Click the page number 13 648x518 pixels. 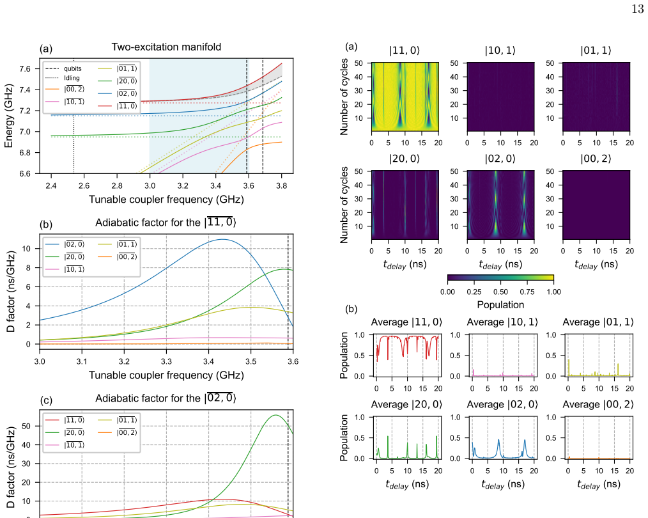pos(638,9)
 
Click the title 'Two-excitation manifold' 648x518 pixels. pos(166,47)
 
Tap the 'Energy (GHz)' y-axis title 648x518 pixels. pos(8,116)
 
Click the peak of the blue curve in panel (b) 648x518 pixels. pos(222,239)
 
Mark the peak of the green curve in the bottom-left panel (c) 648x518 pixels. pos(275,415)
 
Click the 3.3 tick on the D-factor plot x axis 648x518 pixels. pos(166,361)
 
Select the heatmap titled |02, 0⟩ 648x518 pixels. pos(500,205)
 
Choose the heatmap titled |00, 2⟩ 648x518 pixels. pos(596,205)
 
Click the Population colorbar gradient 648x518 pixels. pos(500,278)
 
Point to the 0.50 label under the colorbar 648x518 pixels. pos(500,292)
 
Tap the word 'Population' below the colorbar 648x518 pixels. pos(500,304)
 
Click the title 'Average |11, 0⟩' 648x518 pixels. pos(406,322)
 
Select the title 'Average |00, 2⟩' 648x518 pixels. pos(598,404)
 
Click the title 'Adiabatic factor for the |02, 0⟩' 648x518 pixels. pos(166,398)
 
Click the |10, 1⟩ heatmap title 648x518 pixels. pos(500,51)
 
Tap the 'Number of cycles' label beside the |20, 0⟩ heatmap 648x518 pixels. pos(344,205)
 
